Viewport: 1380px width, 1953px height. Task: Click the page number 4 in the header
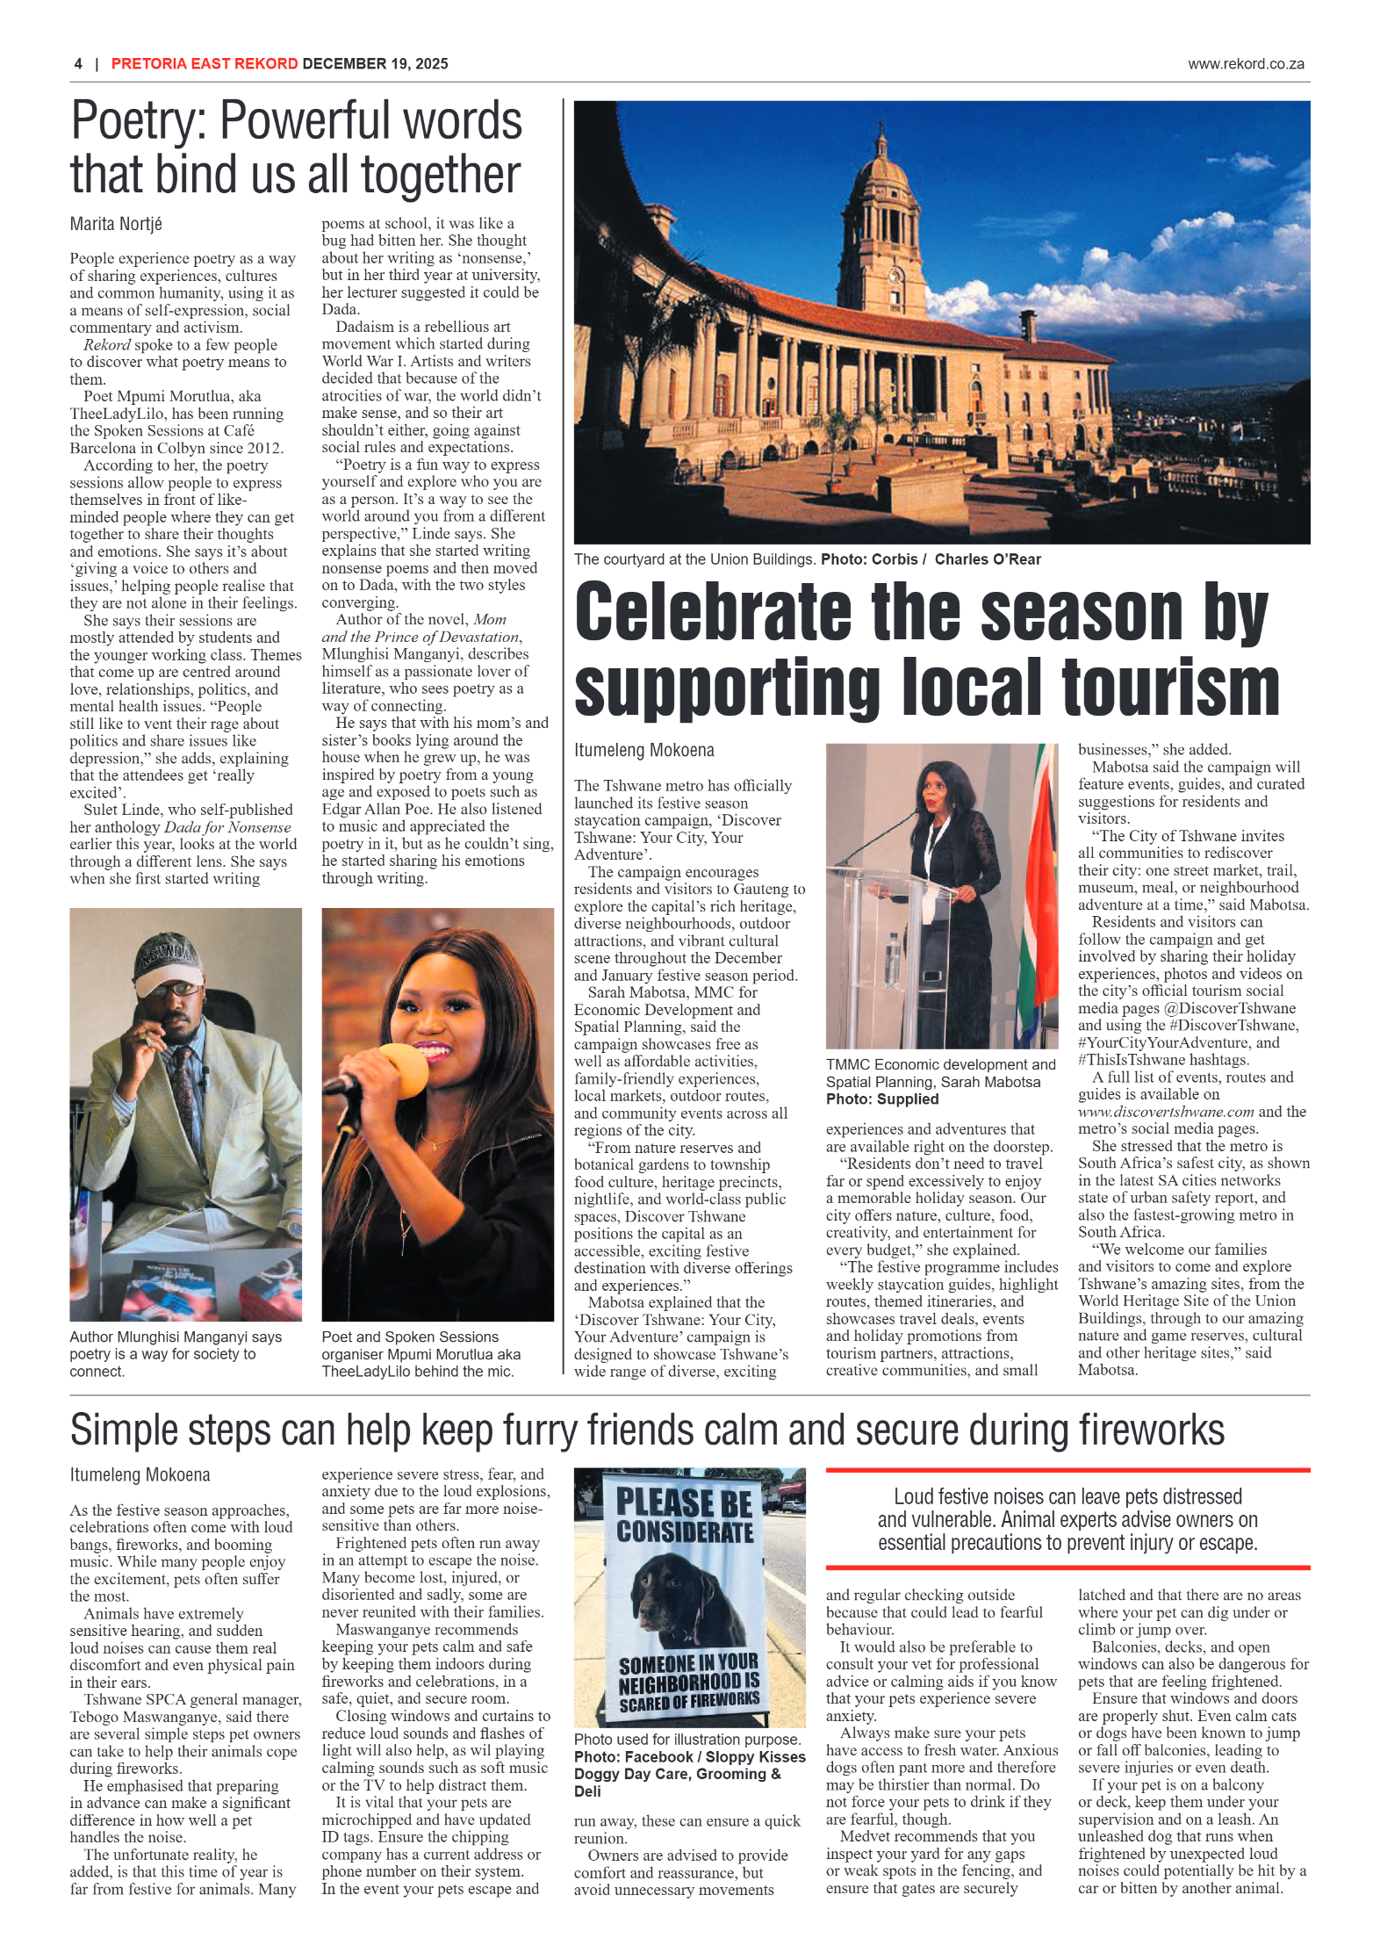coord(78,63)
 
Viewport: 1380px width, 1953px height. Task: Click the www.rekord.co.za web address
coord(1245,63)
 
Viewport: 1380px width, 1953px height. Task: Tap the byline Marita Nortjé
coord(116,224)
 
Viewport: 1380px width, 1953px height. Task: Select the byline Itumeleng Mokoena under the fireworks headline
coord(140,1474)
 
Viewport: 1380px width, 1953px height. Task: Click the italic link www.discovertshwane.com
coord(1165,1112)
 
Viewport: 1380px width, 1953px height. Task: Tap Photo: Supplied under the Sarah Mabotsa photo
coord(881,1099)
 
